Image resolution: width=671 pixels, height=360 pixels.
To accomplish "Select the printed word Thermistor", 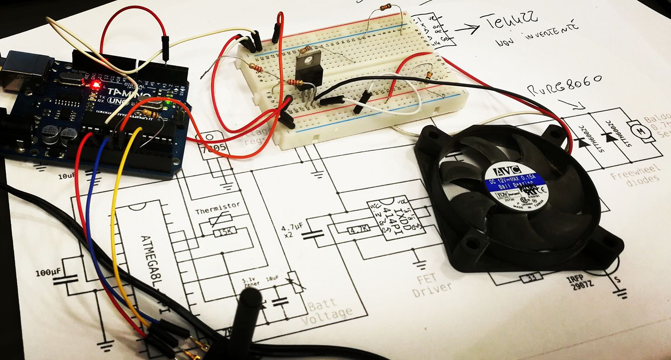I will pos(218,204).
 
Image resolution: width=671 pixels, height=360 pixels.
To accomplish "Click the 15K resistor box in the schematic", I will pos(225,231).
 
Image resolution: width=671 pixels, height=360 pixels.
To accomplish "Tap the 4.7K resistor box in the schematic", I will pos(359,229).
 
